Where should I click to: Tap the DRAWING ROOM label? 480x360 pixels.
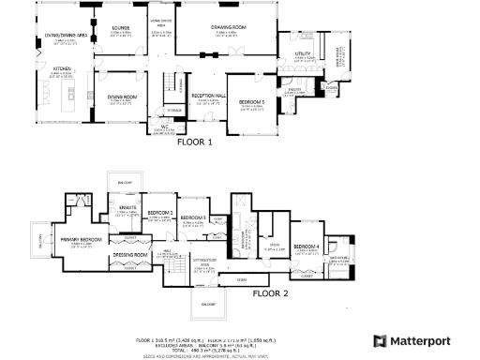click(x=229, y=27)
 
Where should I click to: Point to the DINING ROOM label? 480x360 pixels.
click(x=122, y=97)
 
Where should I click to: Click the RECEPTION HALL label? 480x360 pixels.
click(x=208, y=96)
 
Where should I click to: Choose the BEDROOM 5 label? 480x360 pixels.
click(x=251, y=100)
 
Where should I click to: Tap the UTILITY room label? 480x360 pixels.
click(x=302, y=54)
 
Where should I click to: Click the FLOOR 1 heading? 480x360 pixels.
click(x=196, y=142)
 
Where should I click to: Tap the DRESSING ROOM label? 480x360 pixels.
click(x=129, y=254)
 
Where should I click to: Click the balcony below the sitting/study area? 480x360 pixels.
click(x=208, y=305)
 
